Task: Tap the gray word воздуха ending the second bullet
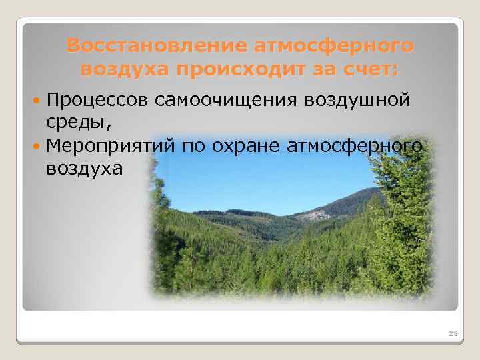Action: coord(85,168)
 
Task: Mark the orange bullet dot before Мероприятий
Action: coord(36,145)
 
